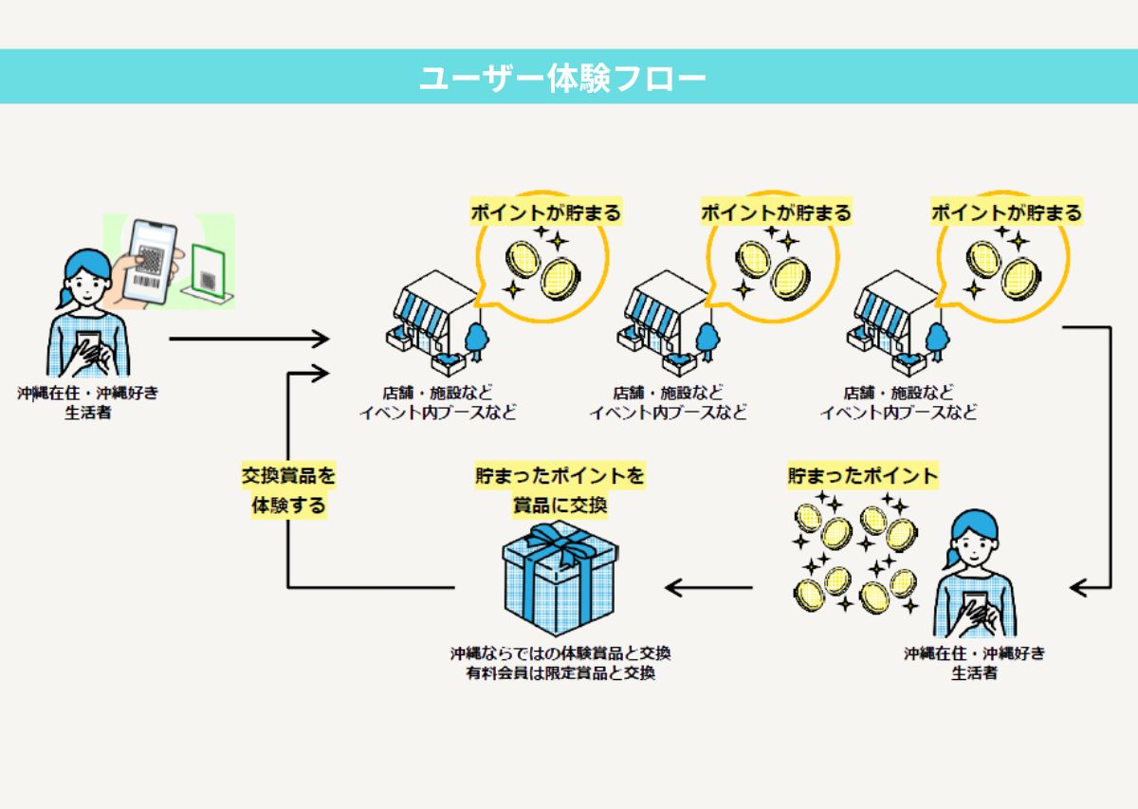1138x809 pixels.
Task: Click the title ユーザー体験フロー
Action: pos(563,78)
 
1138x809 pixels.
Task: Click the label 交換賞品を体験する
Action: pos(288,488)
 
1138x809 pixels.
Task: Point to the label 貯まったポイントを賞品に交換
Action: pos(560,489)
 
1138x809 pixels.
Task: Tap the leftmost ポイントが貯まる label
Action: pos(546,212)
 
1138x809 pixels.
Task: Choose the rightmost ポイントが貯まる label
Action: pos(1006,212)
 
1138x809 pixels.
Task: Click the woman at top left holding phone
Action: pos(87,313)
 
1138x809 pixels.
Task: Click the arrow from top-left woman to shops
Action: pos(248,339)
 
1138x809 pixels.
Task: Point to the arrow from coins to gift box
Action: pos(708,588)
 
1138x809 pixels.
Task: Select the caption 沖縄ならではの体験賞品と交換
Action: pos(560,654)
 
